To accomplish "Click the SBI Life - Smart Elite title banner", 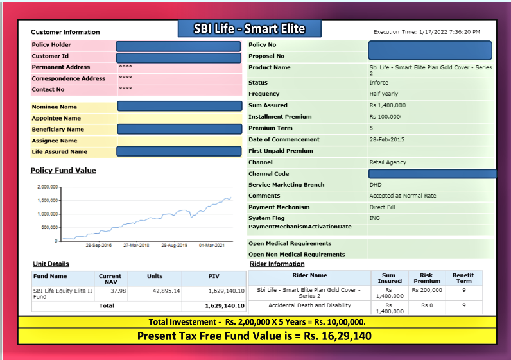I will point(249,29).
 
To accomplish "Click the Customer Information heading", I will point(65,32).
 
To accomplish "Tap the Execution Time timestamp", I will point(426,31).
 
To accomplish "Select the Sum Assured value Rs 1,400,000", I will point(387,105).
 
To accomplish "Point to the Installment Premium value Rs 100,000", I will point(385,117).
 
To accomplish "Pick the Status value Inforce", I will point(379,83).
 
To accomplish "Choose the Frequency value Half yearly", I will point(383,94).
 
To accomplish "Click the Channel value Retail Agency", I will point(388,162).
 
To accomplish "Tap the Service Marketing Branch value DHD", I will point(376,185).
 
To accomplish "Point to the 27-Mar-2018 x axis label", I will point(136,245).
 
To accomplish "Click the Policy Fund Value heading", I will point(63,170).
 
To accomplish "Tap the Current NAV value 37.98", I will point(117,291).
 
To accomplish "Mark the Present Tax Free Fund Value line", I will point(255,336).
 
